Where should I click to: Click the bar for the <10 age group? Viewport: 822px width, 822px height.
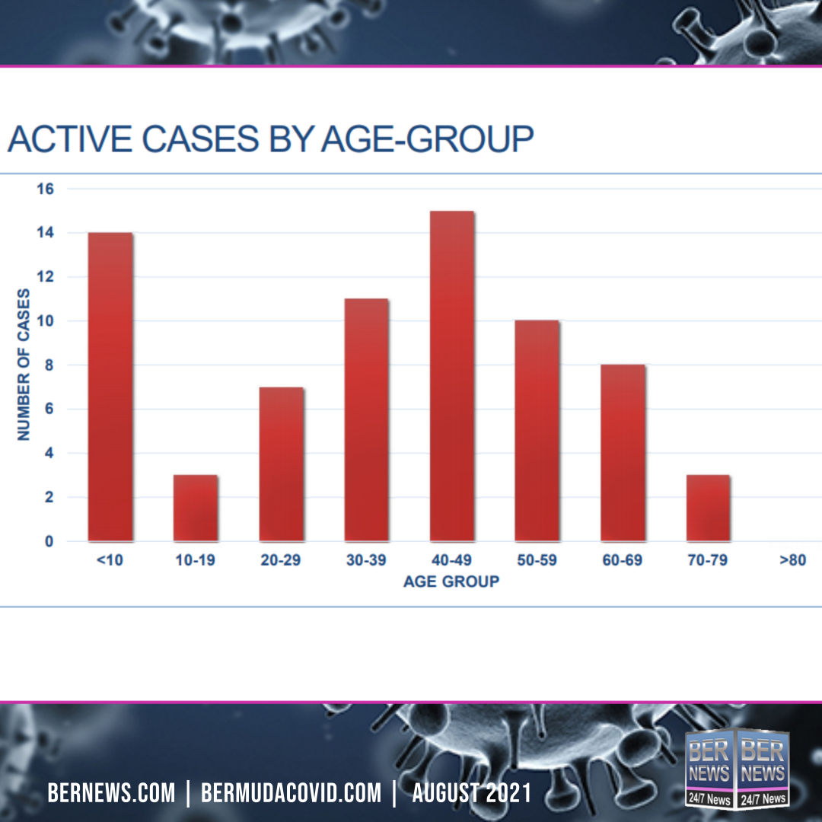coord(110,387)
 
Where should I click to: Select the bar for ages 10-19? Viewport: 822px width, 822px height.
coord(196,508)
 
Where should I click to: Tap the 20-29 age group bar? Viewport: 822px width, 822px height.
coord(281,464)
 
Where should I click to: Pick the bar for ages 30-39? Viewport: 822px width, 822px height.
coord(366,420)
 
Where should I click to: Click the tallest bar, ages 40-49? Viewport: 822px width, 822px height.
coord(452,376)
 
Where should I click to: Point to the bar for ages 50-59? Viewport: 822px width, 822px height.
coord(537,431)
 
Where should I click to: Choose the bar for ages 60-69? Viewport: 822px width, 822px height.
coord(623,453)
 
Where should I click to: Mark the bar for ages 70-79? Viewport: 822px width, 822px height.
coord(708,508)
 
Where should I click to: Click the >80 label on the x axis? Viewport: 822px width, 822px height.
coord(792,562)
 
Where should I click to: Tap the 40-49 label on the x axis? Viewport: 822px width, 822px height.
coord(452,562)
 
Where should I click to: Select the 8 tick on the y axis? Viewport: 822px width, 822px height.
coord(49,365)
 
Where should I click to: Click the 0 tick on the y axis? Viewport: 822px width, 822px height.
coord(49,542)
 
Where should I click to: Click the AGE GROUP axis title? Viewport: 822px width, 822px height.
coord(451,582)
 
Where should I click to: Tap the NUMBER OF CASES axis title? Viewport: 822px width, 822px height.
coord(24,364)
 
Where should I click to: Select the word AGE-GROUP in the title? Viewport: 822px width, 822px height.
coord(427,140)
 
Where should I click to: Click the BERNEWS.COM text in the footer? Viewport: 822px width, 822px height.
coord(111,794)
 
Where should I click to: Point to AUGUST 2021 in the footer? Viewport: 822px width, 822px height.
coord(472,794)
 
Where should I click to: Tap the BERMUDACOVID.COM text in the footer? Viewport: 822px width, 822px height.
coord(291,794)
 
